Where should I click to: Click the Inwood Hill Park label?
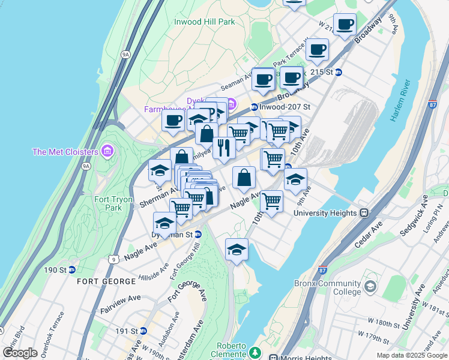click(204, 22)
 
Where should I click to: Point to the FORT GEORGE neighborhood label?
click(107, 281)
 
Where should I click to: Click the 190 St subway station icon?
click(71, 270)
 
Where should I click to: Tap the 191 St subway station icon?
click(143, 331)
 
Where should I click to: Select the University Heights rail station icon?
click(364, 213)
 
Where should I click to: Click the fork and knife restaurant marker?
click(224, 148)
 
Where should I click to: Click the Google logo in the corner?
click(20, 353)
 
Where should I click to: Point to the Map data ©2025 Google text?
click(411, 355)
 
